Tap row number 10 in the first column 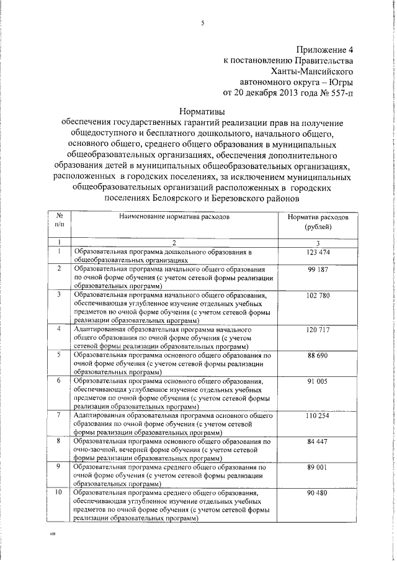click(59, 492)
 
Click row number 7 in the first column click(58, 414)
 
